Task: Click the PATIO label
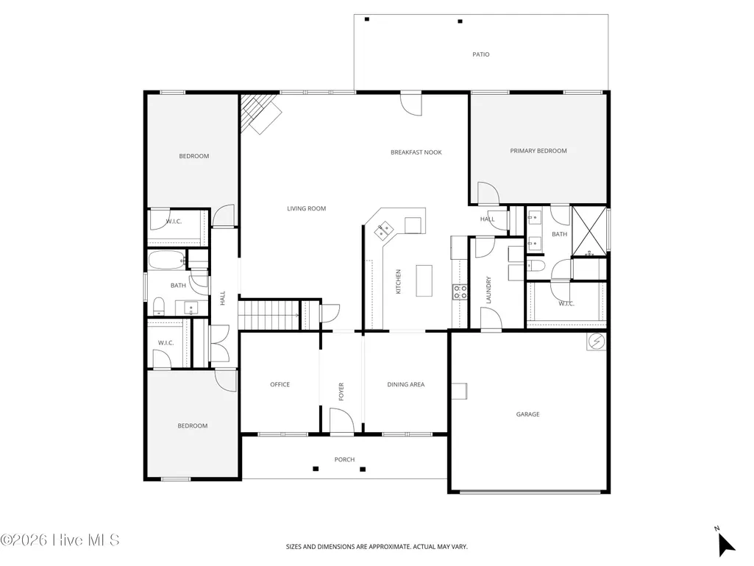pos(481,55)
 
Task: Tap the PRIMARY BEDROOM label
pos(538,151)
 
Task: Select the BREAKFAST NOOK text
pos(416,152)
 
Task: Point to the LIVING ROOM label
pos(306,209)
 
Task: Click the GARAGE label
pos(527,414)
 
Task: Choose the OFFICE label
pos(280,384)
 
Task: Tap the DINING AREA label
pos(406,384)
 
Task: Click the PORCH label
pos(345,459)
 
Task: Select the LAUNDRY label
pos(488,290)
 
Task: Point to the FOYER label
pos(341,392)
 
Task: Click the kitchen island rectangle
pos(424,280)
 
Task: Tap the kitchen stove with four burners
pos(460,292)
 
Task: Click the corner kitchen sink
pos(384,230)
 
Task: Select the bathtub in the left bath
pos(166,261)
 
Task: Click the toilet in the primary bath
pos(536,265)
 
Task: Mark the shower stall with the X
pos(589,231)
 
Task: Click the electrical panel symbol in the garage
pos(597,342)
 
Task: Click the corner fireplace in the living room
pos(260,113)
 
